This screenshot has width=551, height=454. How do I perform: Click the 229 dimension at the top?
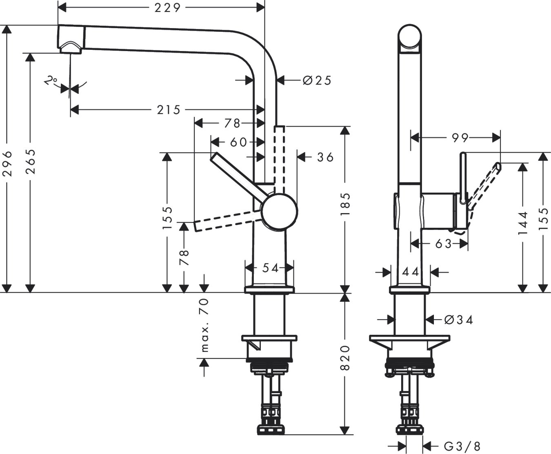[167, 7]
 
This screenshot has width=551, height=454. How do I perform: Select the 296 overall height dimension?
[8, 163]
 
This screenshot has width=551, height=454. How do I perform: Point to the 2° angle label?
[51, 80]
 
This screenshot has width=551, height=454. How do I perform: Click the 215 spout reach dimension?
[169, 110]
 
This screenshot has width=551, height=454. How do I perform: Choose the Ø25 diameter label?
[317, 80]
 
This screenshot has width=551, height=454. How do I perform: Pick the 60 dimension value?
[238, 142]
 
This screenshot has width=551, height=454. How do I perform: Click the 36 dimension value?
[325, 157]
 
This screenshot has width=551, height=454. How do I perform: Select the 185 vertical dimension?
[345, 204]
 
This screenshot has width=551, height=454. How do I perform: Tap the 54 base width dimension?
[270, 268]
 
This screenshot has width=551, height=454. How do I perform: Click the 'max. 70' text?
[204, 325]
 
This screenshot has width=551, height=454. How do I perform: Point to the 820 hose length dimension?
[345, 358]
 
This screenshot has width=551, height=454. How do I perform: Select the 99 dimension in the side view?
[460, 138]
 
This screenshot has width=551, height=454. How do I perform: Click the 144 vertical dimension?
[523, 223]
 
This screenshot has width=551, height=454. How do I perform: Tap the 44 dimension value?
[411, 272]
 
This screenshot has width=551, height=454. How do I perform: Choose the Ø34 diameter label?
[458, 320]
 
